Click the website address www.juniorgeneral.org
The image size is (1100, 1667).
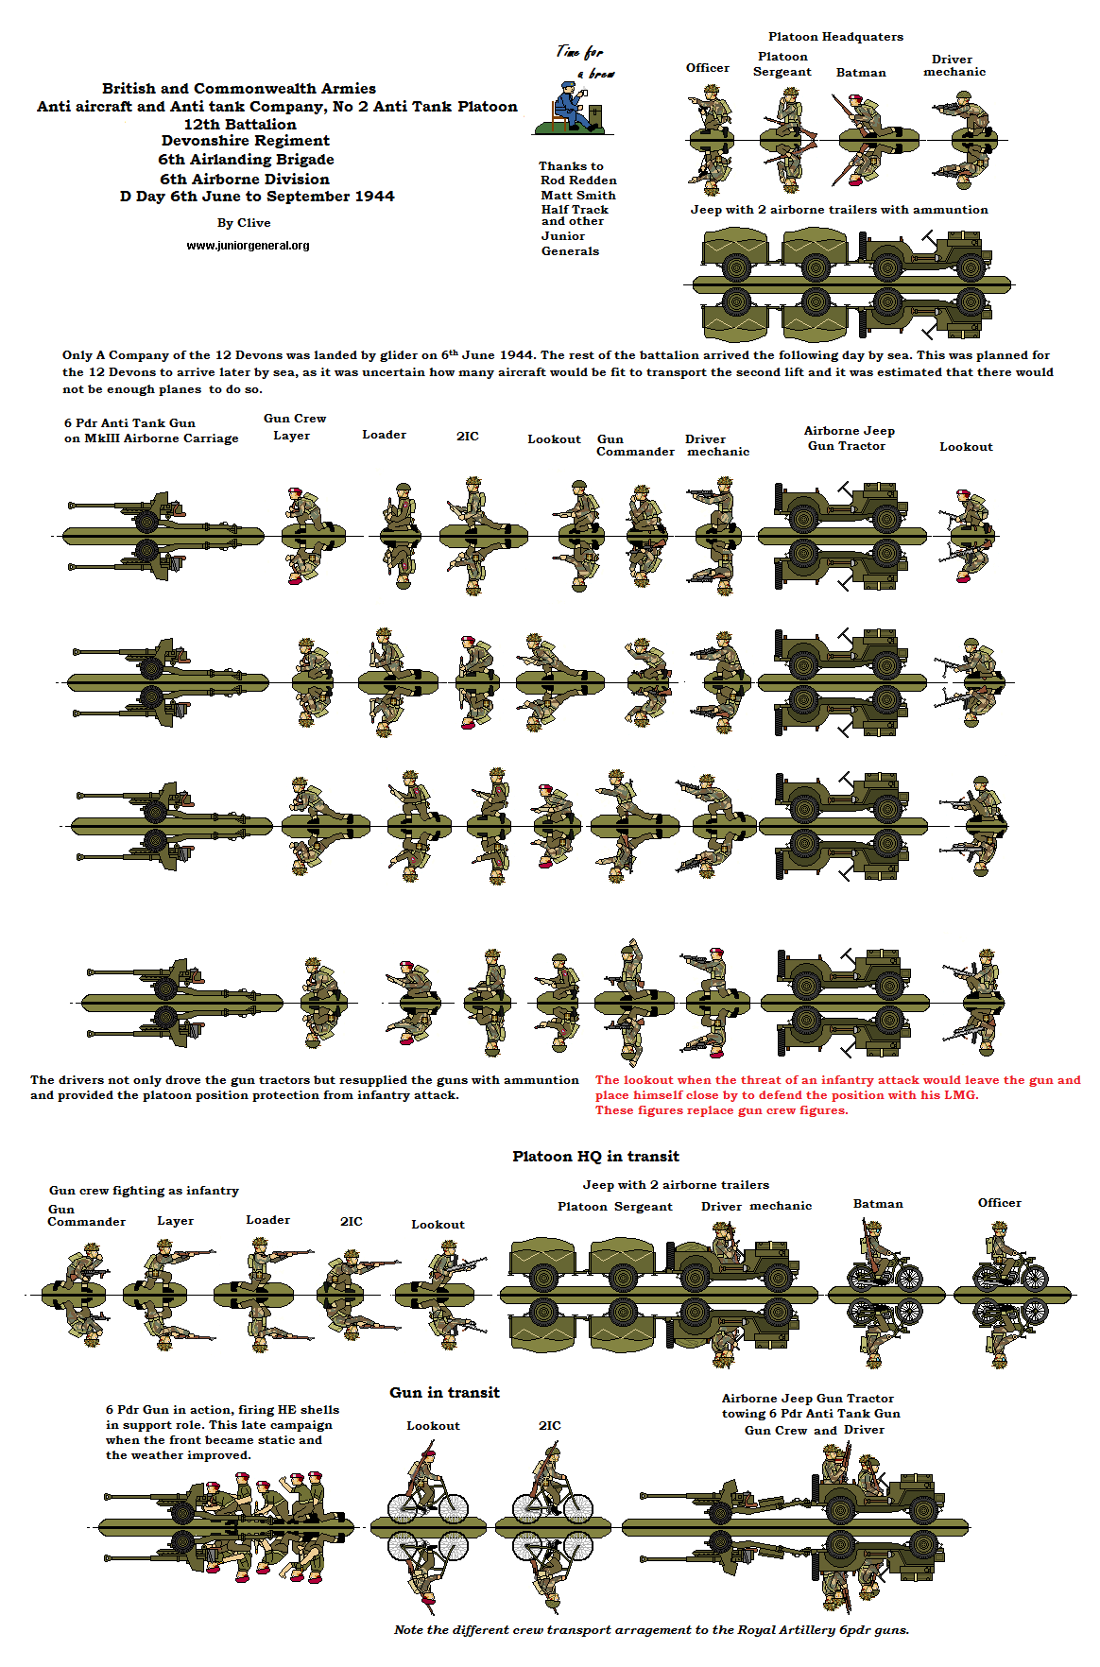[248, 246]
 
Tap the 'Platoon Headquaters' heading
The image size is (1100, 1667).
[835, 37]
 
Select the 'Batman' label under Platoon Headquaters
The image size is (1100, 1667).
[861, 73]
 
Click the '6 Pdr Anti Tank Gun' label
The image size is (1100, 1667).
[129, 423]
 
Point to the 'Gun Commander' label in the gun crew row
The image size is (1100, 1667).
[634, 445]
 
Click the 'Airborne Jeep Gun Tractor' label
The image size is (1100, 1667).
[849, 438]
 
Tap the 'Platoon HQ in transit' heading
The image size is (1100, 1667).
[595, 1157]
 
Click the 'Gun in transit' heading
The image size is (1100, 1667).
[444, 1393]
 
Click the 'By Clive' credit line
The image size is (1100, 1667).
[244, 223]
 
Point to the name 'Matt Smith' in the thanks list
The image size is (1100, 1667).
[577, 196]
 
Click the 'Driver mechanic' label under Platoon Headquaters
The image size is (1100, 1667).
[954, 65]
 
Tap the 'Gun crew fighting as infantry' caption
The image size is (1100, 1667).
[144, 1191]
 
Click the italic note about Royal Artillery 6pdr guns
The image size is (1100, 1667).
[651, 1630]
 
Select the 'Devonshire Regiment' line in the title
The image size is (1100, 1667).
[245, 141]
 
